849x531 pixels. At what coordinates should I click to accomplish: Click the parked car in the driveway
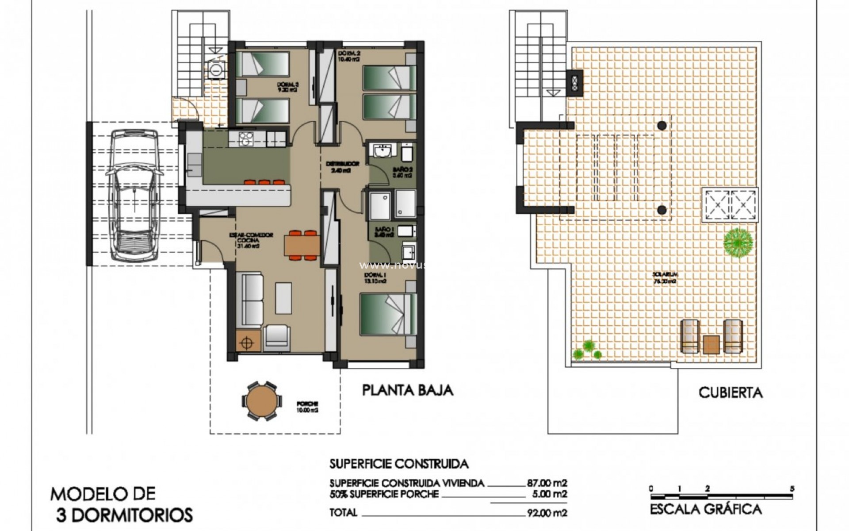coord(133,195)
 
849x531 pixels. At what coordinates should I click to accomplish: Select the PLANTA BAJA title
coord(408,390)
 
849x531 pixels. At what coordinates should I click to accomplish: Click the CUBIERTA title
coord(730,392)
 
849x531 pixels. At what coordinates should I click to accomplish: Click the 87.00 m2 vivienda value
coord(547,483)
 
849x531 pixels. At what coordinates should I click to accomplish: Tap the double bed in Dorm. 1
coord(388,314)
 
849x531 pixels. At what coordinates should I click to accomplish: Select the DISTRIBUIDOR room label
coord(342,164)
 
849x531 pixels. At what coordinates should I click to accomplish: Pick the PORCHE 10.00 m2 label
coord(309,407)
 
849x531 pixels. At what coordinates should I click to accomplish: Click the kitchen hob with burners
coord(244,139)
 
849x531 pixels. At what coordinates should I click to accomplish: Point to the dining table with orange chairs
coord(302,245)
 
